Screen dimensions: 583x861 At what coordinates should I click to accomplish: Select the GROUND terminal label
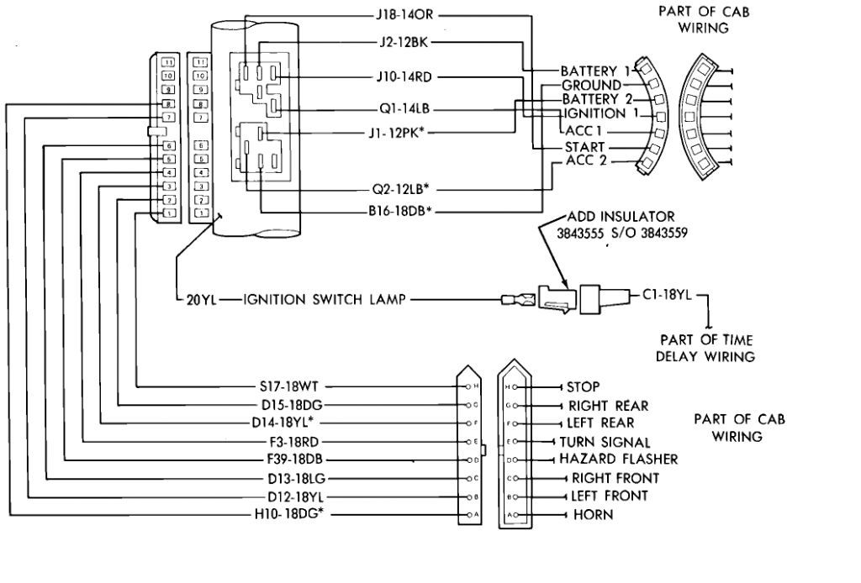coord(591,86)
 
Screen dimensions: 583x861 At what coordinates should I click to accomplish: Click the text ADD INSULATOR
coord(621,218)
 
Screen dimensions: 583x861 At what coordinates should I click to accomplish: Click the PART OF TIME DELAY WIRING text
coord(706,348)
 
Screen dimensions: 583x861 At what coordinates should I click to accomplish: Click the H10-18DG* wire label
coord(290,514)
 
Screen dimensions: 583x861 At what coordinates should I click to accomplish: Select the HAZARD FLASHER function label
coord(618,460)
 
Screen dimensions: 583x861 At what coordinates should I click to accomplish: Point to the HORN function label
coord(593,514)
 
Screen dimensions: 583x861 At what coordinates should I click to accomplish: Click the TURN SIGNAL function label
coord(605,441)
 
